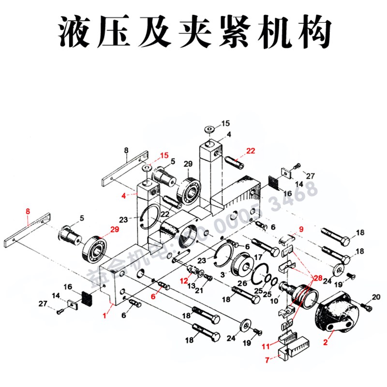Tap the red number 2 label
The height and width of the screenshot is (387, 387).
(326, 342)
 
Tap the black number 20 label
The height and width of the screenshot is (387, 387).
(376, 296)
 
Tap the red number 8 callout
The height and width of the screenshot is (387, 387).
(28, 211)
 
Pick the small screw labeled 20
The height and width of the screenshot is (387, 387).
(366, 306)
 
